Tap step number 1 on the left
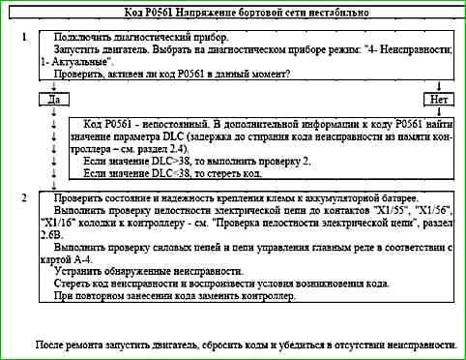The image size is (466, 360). click(x=23, y=35)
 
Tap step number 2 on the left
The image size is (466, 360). click(x=23, y=197)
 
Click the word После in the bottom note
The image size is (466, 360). click(x=48, y=344)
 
